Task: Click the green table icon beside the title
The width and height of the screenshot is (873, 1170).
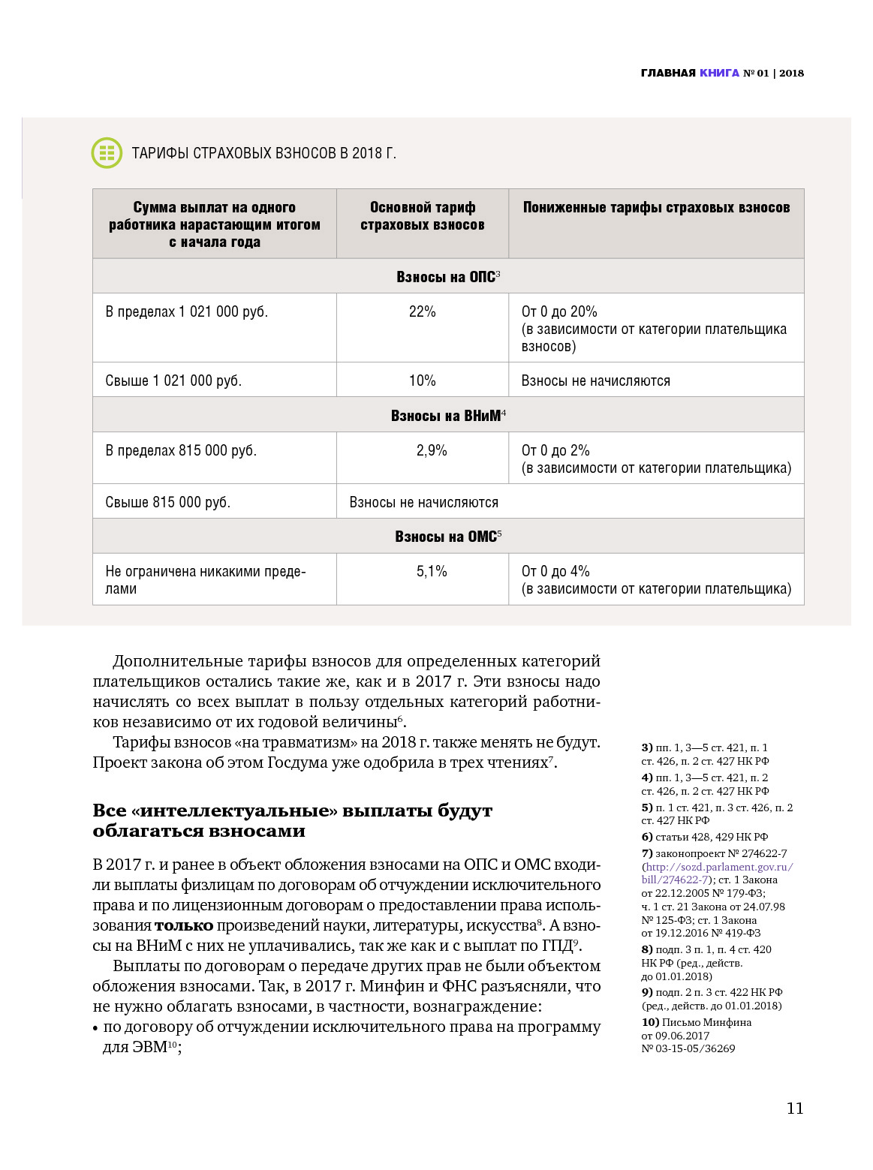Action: [107, 153]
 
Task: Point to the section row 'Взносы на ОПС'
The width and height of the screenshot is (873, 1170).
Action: [448, 277]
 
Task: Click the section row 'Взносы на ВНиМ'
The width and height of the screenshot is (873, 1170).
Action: [448, 416]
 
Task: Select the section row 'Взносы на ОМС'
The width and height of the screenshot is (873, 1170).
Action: [448, 537]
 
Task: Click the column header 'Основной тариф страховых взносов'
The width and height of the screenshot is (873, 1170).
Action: [422, 216]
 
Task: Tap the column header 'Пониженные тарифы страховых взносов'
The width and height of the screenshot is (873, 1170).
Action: [656, 208]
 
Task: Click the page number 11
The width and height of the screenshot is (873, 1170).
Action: [795, 1108]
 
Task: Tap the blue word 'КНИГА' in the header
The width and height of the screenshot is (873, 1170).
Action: [719, 73]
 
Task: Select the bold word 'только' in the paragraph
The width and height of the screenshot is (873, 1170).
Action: [184, 926]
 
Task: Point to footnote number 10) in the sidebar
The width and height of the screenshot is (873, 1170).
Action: [650, 1022]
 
